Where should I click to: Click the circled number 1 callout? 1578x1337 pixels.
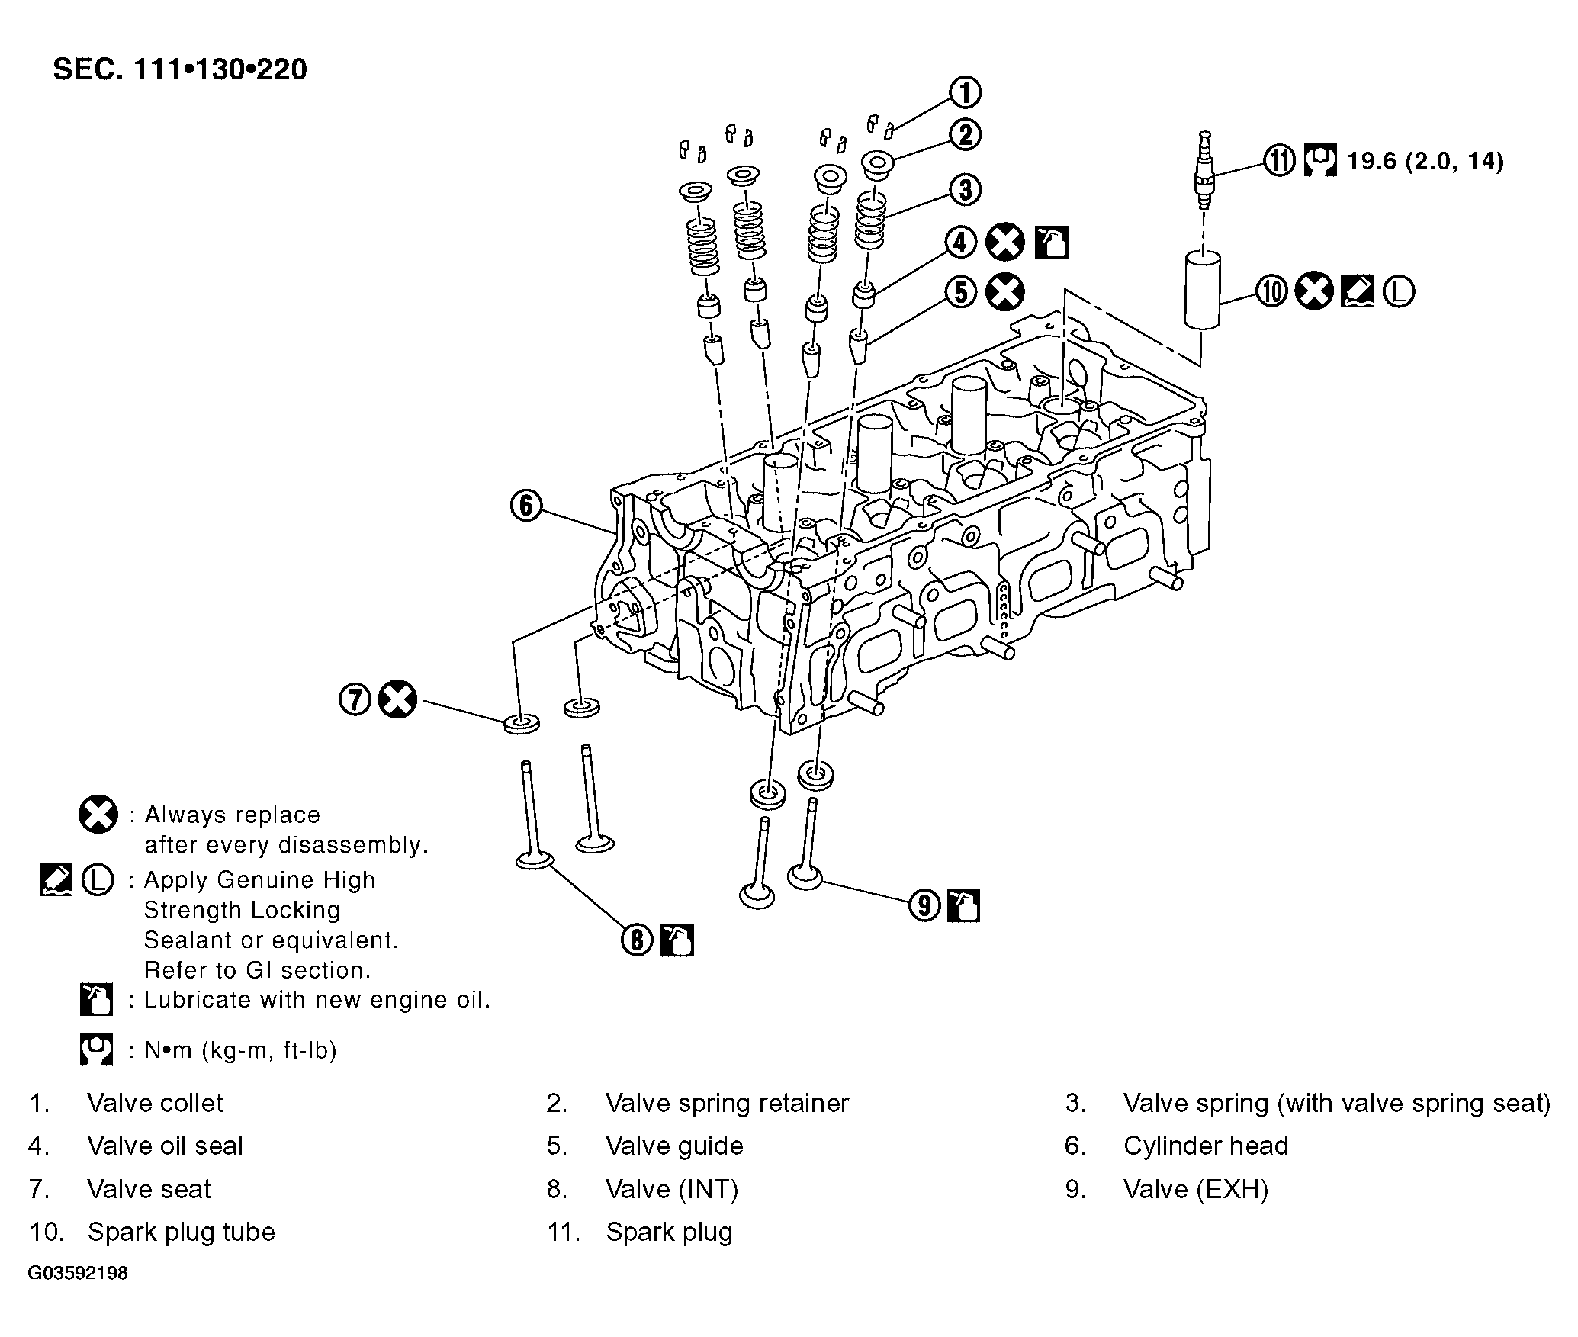(x=966, y=92)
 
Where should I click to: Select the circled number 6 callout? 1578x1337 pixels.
(x=526, y=506)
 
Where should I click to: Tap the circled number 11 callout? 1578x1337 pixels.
(x=1279, y=161)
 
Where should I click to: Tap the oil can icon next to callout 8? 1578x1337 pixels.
(x=677, y=940)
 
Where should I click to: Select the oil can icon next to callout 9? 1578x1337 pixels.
(x=963, y=905)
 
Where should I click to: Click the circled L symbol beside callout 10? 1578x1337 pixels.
(x=1398, y=291)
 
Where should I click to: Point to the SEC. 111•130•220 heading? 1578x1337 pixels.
(x=180, y=69)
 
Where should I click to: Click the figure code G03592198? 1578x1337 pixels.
(x=78, y=1273)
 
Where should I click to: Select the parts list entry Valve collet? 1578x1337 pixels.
(x=155, y=1103)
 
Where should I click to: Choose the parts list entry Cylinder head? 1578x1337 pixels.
(x=1206, y=1146)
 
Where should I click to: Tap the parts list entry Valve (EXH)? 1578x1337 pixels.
(x=1196, y=1189)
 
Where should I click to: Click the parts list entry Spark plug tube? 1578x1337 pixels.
(x=181, y=1232)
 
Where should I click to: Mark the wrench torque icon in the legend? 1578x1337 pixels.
(x=96, y=1049)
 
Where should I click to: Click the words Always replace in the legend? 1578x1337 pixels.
(x=233, y=815)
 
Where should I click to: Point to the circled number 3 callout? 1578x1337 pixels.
(x=966, y=189)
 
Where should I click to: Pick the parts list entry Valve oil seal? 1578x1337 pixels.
(x=165, y=1146)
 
